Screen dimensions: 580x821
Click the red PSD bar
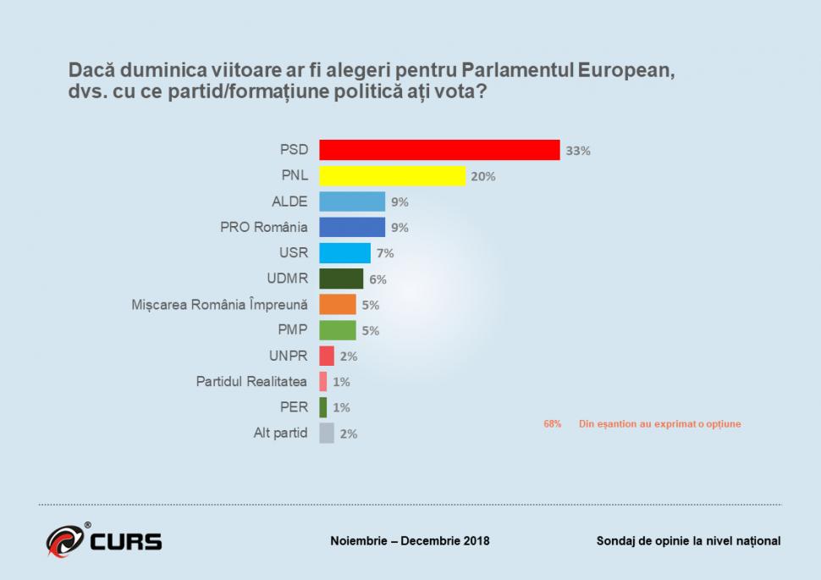438,150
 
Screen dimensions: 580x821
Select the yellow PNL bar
392,176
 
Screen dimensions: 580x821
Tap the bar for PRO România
351,227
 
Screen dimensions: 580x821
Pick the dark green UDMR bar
340,279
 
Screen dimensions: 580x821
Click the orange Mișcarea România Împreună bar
337,305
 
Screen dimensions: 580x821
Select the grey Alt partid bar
326,434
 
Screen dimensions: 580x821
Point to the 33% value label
578,151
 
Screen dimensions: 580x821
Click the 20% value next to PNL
483,176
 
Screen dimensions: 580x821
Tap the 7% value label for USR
384,253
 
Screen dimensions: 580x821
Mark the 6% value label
377,279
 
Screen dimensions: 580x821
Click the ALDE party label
289,202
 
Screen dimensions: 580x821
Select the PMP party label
293,330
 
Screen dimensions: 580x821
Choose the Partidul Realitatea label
251,382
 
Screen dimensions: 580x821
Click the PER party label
295,407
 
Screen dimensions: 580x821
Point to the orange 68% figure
552,423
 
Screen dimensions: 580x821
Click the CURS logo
104,540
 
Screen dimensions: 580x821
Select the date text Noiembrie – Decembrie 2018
410,541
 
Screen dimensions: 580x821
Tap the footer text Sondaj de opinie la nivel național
688,541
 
